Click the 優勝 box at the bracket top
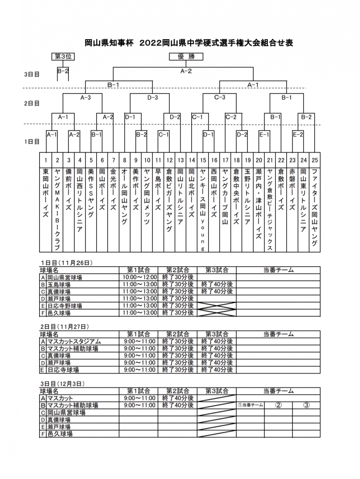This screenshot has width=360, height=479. point(186,57)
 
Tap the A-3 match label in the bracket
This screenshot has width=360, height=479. point(85,97)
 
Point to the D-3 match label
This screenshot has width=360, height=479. point(153,97)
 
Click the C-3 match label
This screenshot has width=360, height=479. point(220,97)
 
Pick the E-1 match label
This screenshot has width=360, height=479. point(264,134)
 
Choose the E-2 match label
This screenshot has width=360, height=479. point(297,134)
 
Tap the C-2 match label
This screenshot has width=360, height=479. point(231,117)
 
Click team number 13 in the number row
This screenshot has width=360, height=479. point(180,160)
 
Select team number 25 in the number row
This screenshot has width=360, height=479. point(314,160)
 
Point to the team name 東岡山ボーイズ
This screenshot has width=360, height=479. point(46,194)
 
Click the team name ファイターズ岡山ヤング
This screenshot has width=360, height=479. point(314,207)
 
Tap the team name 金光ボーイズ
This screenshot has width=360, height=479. point(113,194)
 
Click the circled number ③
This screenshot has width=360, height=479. point(306,405)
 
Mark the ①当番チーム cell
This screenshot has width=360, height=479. point(250,405)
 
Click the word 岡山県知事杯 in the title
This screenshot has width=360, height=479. point(109,43)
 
